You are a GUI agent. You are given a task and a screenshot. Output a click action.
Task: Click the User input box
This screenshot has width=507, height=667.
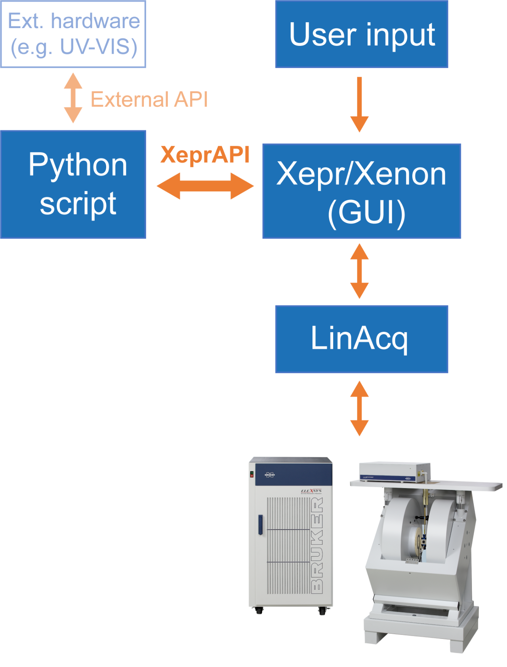click(x=361, y=34)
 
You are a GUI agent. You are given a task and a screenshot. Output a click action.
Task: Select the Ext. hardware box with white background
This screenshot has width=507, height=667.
click(x=73, y=34)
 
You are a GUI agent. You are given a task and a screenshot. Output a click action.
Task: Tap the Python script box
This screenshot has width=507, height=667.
click(x=73, y=184)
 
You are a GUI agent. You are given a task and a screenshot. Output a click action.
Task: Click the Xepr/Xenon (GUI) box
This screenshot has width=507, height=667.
click(x=361, y=191)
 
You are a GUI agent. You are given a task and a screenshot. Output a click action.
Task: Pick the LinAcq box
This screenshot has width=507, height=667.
click(x=361, y=339)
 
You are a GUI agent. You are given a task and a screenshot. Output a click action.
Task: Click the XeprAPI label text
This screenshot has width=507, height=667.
click(x=205, y=154)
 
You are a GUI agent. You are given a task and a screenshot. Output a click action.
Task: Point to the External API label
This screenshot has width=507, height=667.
click(x=149, y=99)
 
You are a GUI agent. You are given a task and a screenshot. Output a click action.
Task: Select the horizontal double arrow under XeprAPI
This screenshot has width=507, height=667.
click(x=205, y=186)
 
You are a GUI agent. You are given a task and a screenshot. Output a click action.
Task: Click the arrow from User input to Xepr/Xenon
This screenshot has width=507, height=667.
click(x=359, y=105)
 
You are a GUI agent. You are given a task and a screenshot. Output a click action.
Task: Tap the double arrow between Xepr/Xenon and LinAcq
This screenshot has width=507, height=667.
click(x=359, y=271)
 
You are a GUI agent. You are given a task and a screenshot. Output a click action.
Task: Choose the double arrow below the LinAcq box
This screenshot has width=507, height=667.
click(x=359, y=409)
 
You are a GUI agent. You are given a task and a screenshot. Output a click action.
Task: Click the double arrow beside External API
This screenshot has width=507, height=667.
click(x=73, y=98)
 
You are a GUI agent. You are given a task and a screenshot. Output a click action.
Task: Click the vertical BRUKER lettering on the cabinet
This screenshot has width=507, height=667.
click(x=317, y=546)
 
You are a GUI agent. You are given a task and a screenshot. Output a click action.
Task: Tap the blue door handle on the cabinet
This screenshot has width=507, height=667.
click(x=260, y=524)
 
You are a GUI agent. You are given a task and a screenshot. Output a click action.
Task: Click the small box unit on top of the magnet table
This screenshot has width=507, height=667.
click(x=394, y=472)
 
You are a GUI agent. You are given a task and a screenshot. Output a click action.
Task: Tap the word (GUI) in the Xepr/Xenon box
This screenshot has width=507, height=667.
click(x=366, y=213)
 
